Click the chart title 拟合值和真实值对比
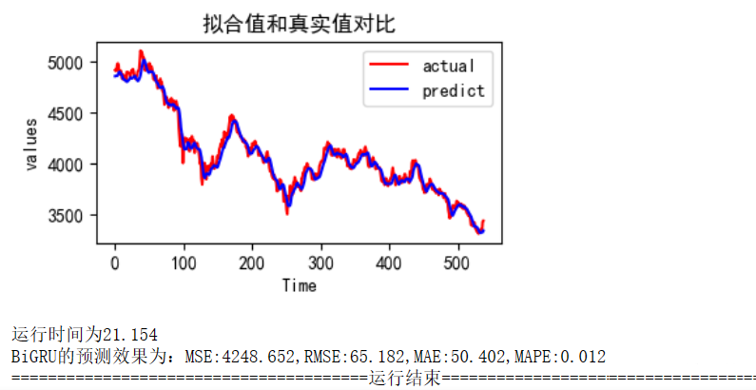coord(299,24)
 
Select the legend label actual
coord(449,66)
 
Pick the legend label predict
coord(454,91)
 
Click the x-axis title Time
coord(299,284)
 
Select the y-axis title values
coord(32,145)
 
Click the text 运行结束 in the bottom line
coord(404,378)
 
